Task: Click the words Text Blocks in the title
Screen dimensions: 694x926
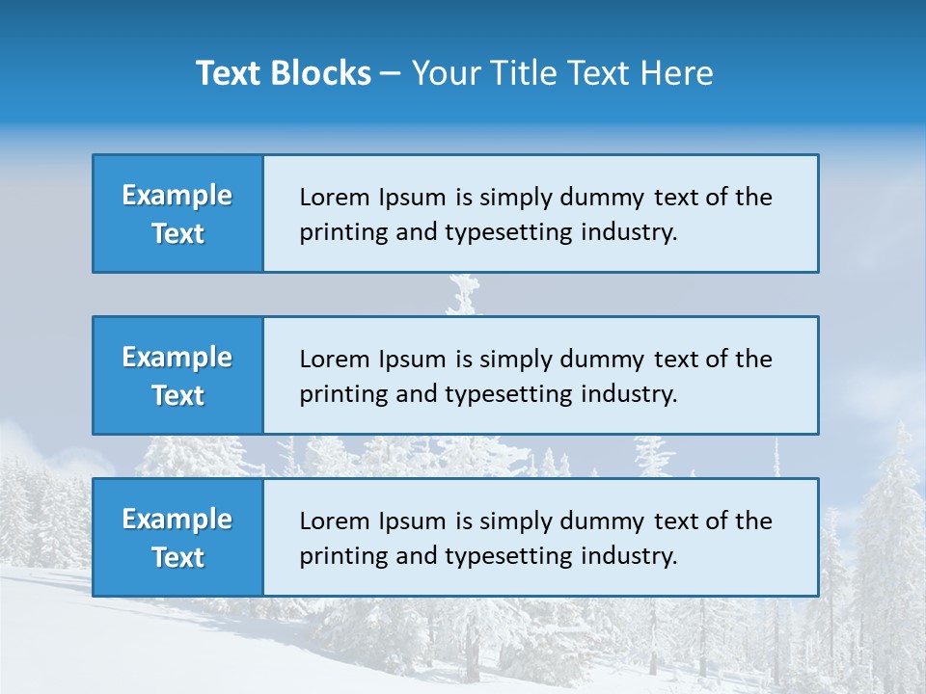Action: click(284, 73)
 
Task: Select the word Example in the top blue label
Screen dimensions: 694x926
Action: click(177, 196)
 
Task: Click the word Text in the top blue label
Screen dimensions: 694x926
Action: click(177, 233)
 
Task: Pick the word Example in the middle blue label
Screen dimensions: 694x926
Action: click(177, 358)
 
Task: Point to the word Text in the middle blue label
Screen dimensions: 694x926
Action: click(177, 395)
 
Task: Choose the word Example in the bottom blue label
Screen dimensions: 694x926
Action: click(177, 520)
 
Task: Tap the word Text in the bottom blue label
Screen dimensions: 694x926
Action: click(177, 557)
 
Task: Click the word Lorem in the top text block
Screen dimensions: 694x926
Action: click(331, 198)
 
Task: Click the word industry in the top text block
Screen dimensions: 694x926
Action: click(627, 232)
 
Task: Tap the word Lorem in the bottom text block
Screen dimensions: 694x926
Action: click(331, 521)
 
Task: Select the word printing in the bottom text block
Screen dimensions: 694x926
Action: click(335, 556)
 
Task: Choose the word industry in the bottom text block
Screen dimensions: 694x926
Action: click(627, 556)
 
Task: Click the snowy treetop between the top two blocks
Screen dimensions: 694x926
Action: click(464, 294)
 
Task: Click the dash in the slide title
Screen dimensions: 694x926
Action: click(391, 74)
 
